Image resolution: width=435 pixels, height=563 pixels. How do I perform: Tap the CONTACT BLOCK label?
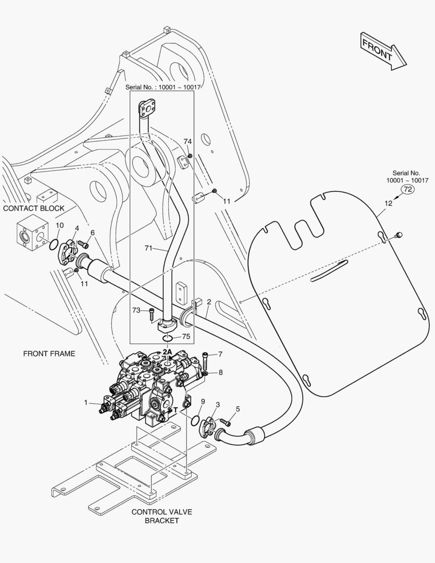[x=34, y=209]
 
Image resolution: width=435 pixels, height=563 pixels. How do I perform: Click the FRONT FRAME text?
[x=49, y=353]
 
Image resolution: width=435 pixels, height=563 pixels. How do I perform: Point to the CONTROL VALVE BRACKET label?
[x=155, y=516]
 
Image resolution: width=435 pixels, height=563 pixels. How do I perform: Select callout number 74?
[x=188, y=141]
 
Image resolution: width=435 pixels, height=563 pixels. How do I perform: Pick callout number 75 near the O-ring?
[x=186, y=337]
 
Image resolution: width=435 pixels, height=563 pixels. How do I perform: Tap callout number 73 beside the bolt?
[x=136, y=310]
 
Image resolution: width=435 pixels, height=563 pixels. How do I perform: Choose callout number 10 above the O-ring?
[x=59, y=225]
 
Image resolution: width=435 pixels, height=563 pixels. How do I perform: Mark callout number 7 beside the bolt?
[x=220, y=354]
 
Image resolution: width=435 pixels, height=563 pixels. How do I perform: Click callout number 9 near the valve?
[x=203, y=401]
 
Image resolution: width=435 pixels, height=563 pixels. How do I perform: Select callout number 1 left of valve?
[x=85, y=402]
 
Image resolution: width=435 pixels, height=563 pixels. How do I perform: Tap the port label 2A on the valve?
[x=167, y=352]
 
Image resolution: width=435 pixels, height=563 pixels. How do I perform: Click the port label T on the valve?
[x=176, y=410]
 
